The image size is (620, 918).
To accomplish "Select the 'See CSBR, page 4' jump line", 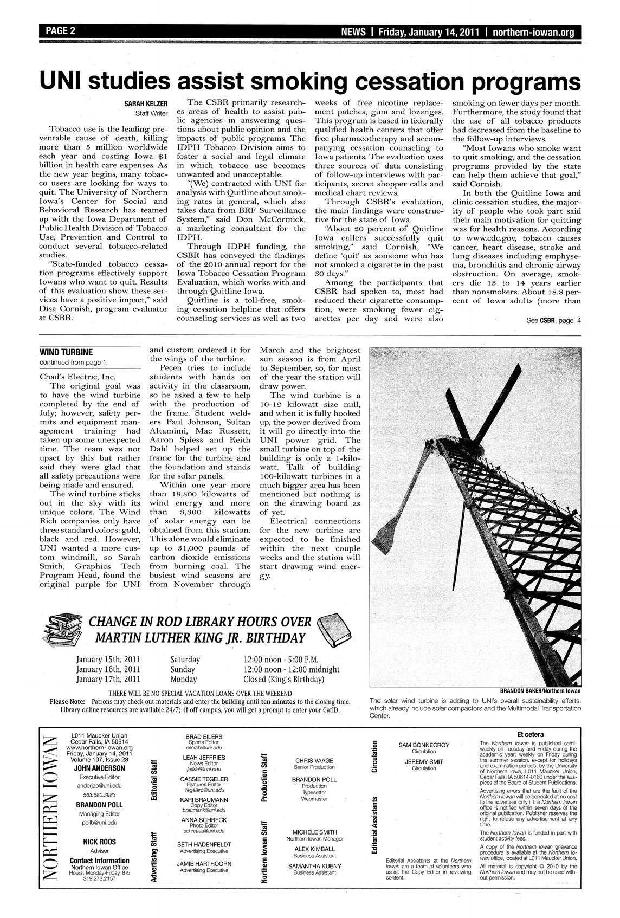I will [553, 320].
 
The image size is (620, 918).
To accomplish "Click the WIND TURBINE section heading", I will [67, 352].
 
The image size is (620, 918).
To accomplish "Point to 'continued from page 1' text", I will [73, 362].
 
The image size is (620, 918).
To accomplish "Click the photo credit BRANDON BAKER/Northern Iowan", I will [540, 690].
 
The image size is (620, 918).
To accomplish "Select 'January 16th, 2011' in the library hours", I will [108, 669].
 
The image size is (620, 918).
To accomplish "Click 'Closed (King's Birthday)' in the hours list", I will [284, 679].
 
